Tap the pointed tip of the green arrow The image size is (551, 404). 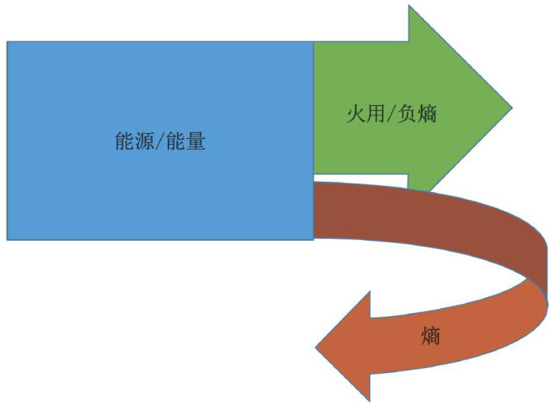coord(510,108)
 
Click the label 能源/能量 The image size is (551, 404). coord(160,141)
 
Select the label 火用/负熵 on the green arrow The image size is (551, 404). coord(391,114)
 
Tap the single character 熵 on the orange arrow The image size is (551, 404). coord(430,338)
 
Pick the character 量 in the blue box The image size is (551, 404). coord(195,141)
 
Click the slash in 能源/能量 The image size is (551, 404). coord(160,141)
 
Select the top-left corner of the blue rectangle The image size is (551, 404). coord(8,42)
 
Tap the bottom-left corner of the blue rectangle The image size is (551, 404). coord(8,239)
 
